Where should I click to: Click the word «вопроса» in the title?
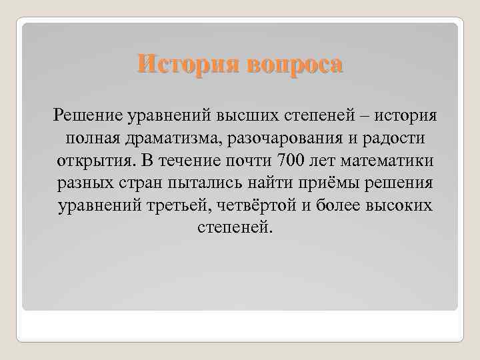(295, 65)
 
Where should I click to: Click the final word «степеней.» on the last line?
(237, 229)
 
